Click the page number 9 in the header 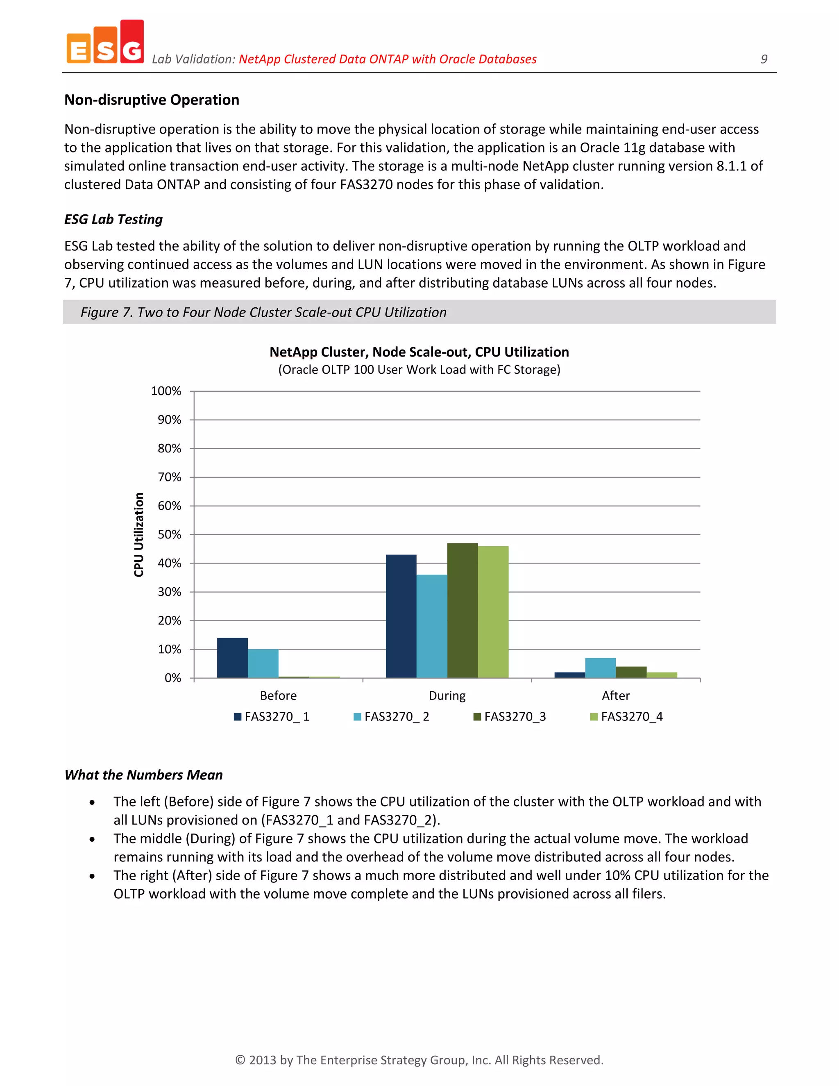point(764,59)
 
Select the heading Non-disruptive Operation point(152,100)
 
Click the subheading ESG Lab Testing point(113,219)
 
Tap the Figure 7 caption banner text point(263,312)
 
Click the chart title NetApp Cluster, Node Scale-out point(419,352)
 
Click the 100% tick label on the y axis point(166,391)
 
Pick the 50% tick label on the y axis point(169,534)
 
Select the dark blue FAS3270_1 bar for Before point(232,658)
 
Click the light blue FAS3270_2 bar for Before point(263,663)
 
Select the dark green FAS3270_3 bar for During point(462,611)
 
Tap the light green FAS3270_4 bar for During point(493,612)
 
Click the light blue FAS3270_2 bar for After point(601,668)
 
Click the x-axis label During point(447,696)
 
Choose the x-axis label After point(615,696)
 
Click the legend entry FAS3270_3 point(510,716)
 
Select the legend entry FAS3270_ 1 point(272,716)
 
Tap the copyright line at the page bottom point(419,1060)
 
